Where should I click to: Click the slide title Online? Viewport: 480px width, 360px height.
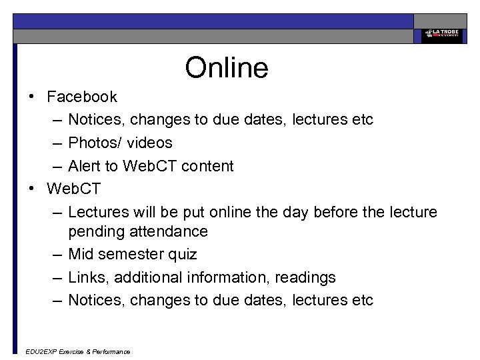point(227,67)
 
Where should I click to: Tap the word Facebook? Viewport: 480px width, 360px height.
point(82,97)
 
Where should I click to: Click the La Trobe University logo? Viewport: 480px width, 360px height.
point(440,35)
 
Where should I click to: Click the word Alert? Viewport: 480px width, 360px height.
point(85,166)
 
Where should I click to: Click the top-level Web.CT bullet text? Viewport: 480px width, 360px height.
point(74,189)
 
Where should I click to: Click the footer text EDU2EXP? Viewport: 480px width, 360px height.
point(40,351)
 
